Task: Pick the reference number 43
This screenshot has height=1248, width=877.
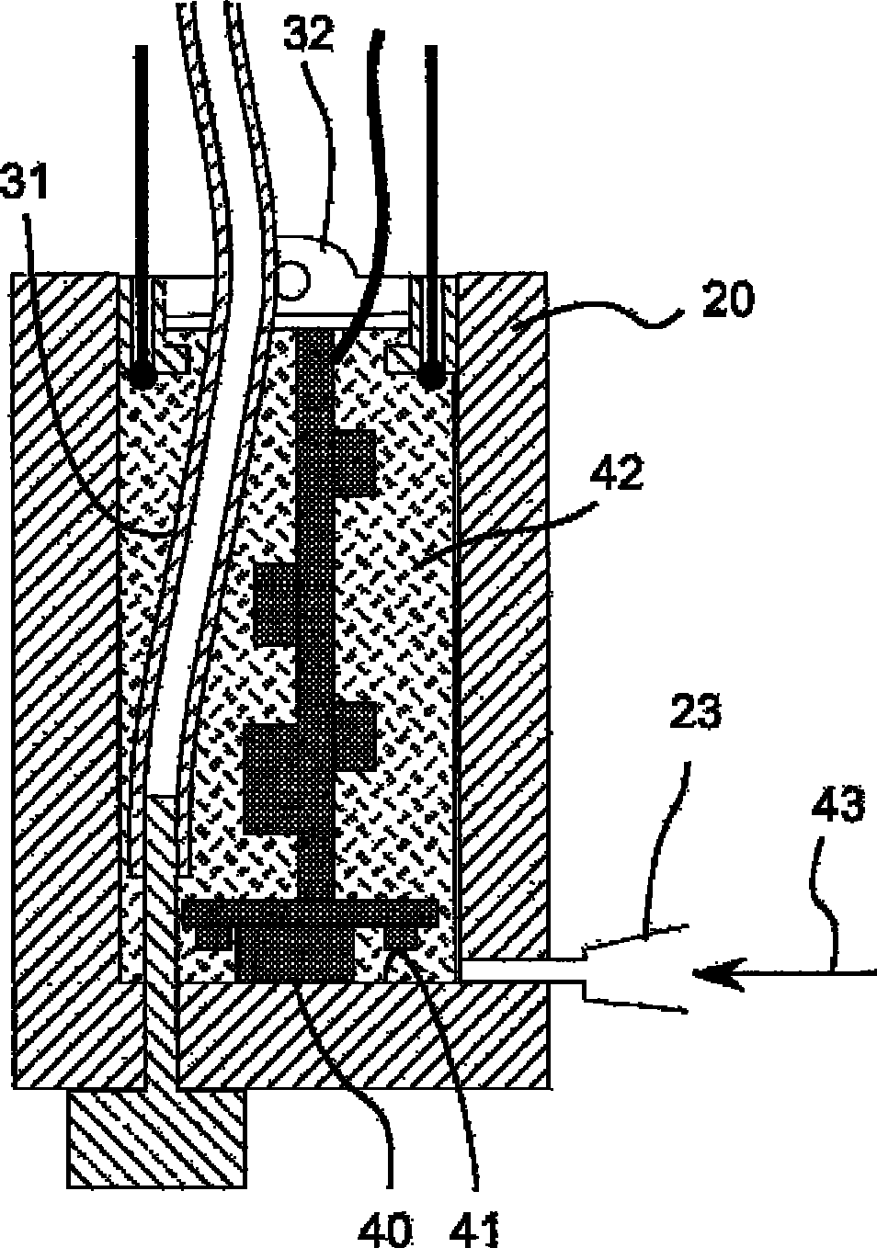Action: [838, 808]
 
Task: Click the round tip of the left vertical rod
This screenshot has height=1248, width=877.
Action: [142, 378]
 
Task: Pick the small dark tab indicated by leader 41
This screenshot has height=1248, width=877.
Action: [399, 938]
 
